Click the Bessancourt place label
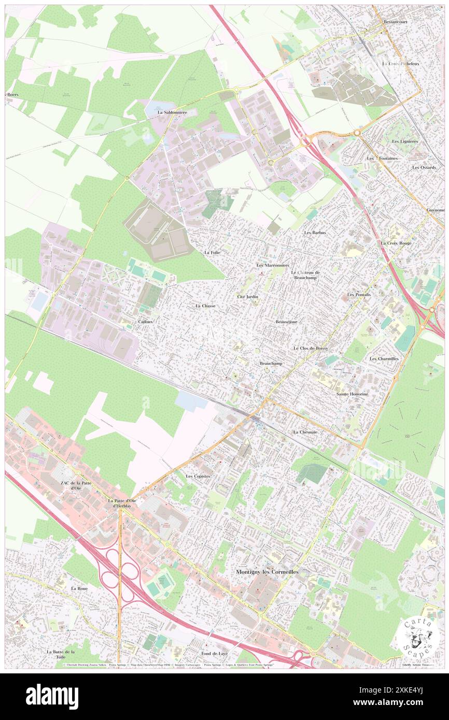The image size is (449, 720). pos(397,23)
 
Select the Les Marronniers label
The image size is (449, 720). pos(273,265)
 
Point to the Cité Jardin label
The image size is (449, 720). pos(247,296)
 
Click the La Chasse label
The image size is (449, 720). pos(205,306)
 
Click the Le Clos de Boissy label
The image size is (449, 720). pos(311,349)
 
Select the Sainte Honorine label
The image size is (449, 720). pos(352,394)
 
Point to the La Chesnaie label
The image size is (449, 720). pos(304,431)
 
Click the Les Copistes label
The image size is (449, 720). pos(198,476)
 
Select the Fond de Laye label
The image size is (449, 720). pos(215,654)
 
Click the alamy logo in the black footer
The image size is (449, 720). pos(52,695)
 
